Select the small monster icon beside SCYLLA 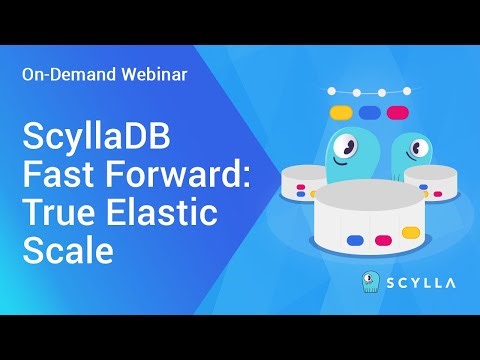[370, 282]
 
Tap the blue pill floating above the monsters [370, 113]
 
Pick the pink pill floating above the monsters [399, 113]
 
